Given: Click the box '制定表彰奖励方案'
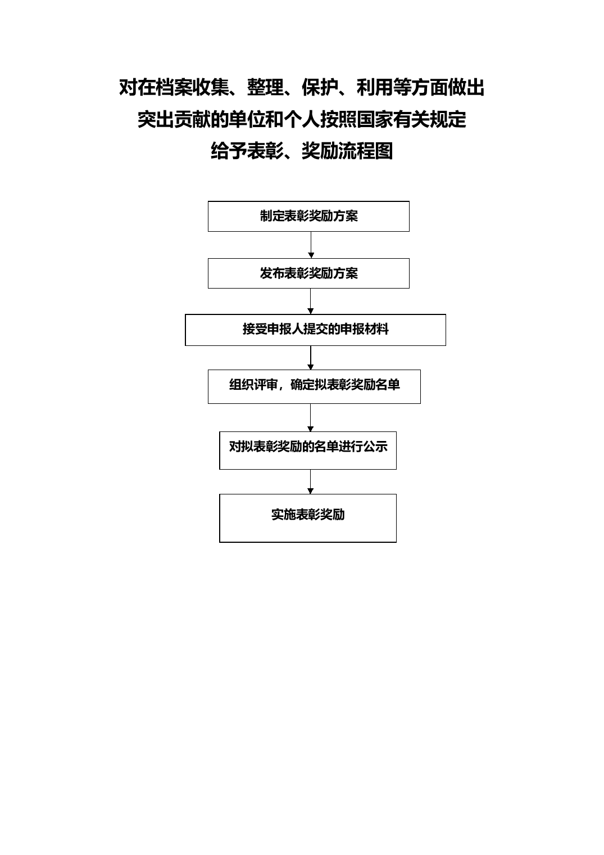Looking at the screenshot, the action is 308,216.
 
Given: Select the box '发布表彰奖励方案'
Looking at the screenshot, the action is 308,273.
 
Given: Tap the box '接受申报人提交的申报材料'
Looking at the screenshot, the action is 315,330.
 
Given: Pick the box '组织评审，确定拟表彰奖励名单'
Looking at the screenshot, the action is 314,386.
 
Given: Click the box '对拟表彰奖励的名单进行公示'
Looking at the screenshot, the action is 308,451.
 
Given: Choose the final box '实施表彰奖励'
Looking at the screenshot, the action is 308,518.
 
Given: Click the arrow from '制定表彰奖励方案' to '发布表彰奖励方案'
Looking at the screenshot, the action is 311,245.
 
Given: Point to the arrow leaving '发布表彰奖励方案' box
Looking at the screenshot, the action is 310,301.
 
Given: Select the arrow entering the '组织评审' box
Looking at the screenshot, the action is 310,358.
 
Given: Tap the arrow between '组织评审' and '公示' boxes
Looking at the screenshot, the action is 310,417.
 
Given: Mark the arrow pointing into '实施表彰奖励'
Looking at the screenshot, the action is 310,481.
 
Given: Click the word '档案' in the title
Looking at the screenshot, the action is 174,87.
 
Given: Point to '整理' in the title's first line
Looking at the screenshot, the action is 265,87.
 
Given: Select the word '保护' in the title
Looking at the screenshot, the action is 320,87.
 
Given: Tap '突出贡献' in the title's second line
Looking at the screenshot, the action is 174,119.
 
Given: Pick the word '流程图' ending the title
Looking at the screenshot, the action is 366,151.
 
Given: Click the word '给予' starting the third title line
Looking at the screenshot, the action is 229,151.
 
